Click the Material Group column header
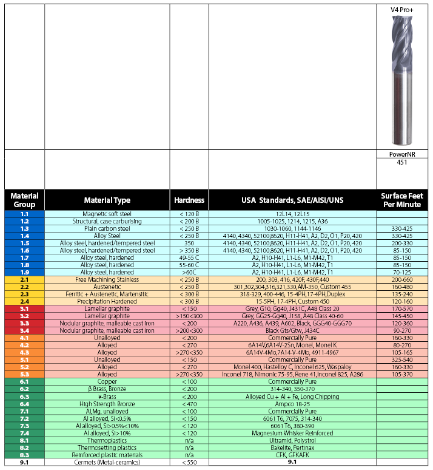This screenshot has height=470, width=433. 24,200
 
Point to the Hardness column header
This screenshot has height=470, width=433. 189,200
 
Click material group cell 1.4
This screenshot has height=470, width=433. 24,236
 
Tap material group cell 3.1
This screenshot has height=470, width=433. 24,308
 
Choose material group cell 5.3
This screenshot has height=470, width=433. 24,375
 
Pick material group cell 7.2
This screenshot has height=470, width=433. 24,418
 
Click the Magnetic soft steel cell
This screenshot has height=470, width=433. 107,214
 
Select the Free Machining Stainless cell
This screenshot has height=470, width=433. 107,279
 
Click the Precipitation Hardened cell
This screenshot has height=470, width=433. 107,301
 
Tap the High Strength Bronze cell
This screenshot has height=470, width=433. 107,404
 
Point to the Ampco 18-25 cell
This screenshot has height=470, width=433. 292,404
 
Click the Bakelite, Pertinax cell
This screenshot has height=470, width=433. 292,448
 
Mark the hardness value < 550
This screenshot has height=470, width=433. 189,462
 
